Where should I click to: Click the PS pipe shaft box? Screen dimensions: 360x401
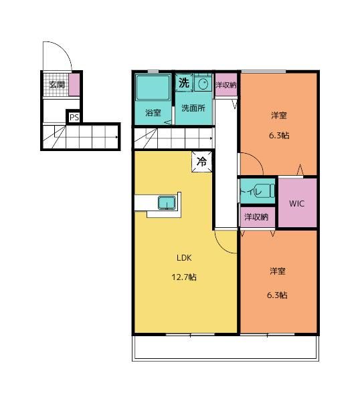tap(74, 117)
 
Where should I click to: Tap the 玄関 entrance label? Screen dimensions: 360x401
tap(57, 84)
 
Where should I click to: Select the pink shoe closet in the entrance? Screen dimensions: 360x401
tap(74, 85)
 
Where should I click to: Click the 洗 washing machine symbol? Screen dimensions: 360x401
tap(184, 83)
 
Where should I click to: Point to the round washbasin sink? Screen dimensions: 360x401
tap(203, 83)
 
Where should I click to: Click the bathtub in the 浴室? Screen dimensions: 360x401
tap(153, 88)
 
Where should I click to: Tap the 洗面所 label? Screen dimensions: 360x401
tap(193, 108)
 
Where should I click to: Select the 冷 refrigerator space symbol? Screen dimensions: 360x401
tap(202, 162)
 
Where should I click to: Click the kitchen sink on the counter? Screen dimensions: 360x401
tap(167, 203)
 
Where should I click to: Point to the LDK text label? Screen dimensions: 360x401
tap(184, 258)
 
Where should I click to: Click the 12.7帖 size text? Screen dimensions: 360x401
tap(184, 277)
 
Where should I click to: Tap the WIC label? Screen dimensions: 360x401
tap(296, 204)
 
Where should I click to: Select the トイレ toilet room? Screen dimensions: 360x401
tap(258, 191)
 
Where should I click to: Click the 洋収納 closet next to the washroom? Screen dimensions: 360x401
tap(226, 85)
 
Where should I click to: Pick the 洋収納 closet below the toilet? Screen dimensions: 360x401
tap(258, 217)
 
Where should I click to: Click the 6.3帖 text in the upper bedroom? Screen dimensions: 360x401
tap(279, 135)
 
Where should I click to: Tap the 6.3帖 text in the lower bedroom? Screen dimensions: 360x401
tap(277, 295)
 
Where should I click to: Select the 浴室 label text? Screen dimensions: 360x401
tap(153, 112)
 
